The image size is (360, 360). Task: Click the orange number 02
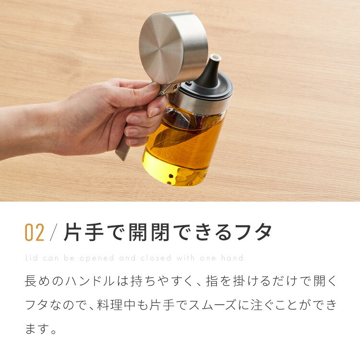click(35, 232)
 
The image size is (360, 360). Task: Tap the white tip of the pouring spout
click(216, 58)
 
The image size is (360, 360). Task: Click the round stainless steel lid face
click(161, 48)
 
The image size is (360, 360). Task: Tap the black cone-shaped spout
click(209, 73)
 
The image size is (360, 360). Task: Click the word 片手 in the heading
click(84, 232)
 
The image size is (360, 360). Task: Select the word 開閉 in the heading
click(149, 232)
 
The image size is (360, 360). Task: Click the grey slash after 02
click(53, 232)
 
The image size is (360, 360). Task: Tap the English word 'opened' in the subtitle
click(97, 258)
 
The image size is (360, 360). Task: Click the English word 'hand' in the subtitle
click(232, 258)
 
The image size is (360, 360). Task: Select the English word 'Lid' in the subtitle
click(32, 258)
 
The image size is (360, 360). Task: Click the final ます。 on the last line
click(41, 329)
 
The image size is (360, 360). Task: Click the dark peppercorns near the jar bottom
click(170, 180)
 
